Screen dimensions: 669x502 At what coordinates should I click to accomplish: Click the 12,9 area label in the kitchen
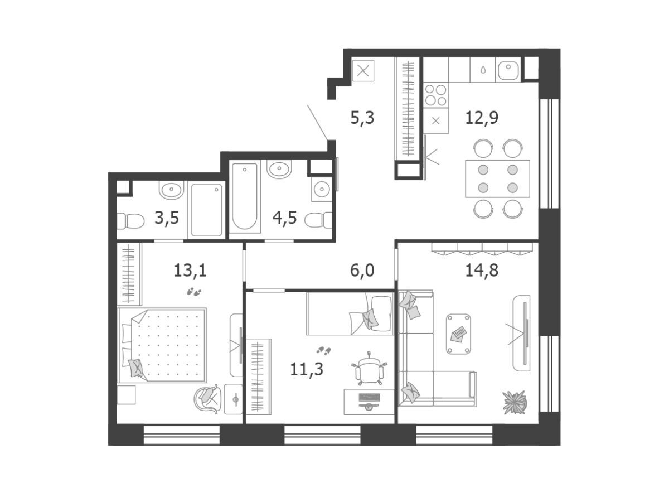pos(481,118)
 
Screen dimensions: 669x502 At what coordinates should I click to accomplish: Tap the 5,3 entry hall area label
pos(362,118)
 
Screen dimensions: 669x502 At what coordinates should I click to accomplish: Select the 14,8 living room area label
pos(481,270)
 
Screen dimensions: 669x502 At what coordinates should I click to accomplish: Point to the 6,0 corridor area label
pos(362,270)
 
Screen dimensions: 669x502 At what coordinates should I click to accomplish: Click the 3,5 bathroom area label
pos(166,218)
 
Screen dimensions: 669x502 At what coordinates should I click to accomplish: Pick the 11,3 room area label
pos(306,369)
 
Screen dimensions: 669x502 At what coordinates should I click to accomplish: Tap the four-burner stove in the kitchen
pos(435,95)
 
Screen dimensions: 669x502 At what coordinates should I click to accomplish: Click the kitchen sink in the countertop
pos(508,70)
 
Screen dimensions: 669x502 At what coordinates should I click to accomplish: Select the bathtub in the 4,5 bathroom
pos(244,196)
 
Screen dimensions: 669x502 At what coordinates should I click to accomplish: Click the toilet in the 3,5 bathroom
pos(130,221)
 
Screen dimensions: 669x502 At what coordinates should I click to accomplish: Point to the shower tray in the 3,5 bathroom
pos(206,210)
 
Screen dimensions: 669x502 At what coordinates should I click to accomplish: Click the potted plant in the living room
pos(515,402)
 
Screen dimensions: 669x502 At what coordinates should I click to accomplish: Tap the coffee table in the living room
pos(458,334)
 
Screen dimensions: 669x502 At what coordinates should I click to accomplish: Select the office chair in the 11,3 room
pos(369,369)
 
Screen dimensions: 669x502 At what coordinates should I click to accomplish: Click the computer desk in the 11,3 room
pos(369,402)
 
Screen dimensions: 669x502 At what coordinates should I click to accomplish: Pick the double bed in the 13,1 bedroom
pos(162,345)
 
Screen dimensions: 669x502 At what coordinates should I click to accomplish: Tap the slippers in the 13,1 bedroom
pos(194,292)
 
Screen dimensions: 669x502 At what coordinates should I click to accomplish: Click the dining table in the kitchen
pos(497,178)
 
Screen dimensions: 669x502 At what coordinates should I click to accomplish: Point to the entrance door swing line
pos(318,123)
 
